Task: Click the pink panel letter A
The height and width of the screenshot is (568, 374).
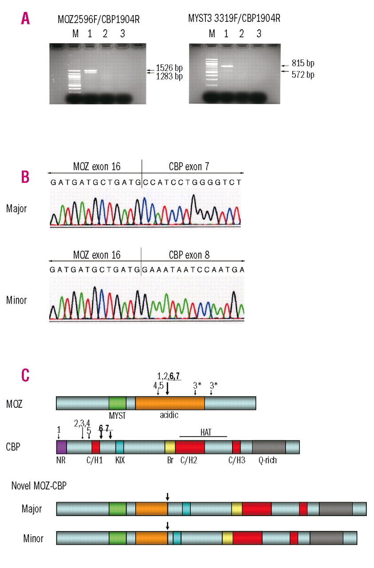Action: click(26, 18)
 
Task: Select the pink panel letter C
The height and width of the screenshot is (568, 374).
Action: click(26, 374)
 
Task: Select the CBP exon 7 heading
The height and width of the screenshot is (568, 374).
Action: click(189, 166)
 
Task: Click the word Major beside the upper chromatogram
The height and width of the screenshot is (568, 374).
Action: click(17, 208)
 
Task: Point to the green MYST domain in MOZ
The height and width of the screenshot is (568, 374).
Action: click(117, 403)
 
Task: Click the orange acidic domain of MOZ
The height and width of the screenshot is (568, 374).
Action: click(169, 403)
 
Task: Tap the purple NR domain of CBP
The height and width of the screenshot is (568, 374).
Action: click(61, 447)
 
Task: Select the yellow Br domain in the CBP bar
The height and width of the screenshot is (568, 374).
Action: click(170, 447)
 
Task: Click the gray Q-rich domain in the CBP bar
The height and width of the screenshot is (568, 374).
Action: click(269, 447)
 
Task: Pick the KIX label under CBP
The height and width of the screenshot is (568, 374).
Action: click(119, 460)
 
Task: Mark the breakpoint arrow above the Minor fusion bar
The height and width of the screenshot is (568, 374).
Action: click(167, 526)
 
